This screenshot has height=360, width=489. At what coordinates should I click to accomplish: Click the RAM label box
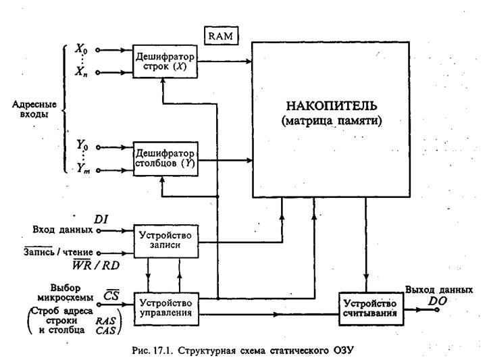coord(222,34)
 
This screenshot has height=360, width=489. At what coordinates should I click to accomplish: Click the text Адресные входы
coord(34,111)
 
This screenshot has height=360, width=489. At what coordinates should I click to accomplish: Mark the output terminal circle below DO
coord(437,309)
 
